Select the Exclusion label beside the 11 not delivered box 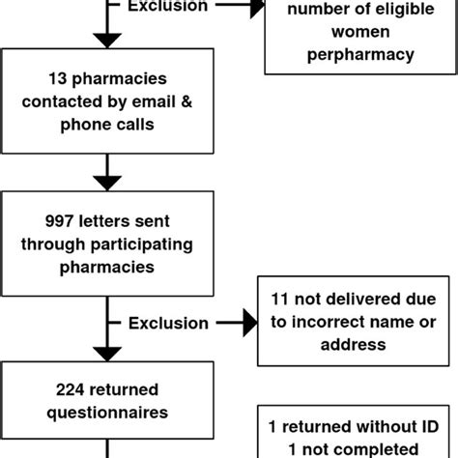coord(168,323)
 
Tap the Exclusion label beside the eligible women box coord(168,7)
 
